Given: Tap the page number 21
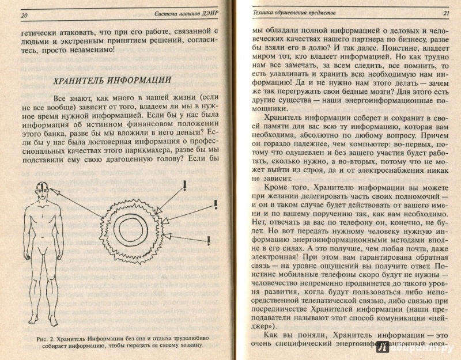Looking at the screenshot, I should click(x=445, y=12).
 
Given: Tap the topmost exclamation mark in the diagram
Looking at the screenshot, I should click(x=184, y=185).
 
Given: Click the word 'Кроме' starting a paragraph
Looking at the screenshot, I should click(x=276, y=186).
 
